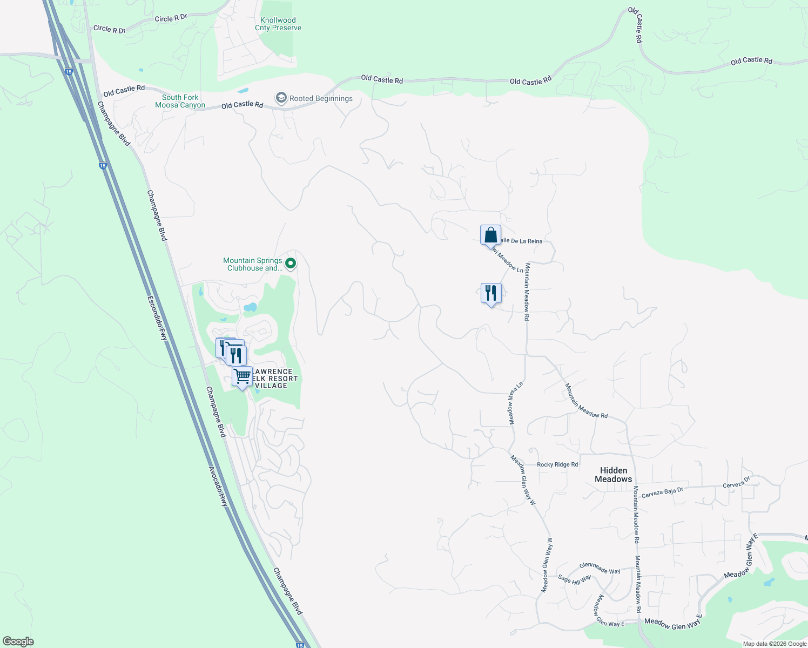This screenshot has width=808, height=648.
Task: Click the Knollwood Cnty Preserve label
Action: tap(278, 24)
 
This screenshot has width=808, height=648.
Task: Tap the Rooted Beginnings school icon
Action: tap(281, 98)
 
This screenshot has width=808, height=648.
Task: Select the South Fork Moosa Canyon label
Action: tap(180, 102)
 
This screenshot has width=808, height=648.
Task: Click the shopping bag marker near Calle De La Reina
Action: tap(490, 236)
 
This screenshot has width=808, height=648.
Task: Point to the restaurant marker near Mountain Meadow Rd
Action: tap(491, 294)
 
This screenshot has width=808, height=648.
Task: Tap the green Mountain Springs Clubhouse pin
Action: tap(291, 264)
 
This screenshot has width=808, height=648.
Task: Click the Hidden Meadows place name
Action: tap(614, 475)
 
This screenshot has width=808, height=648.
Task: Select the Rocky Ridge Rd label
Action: tap(557, 464)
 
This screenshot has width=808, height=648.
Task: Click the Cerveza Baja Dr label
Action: tap(662, 492)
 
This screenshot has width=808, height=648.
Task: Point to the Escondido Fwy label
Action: tap(158, 318)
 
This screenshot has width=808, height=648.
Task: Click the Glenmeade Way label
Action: tap(600, 568)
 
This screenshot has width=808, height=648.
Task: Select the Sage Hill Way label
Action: tap(574, 580)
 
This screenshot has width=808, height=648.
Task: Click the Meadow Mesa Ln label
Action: tap(515, 403)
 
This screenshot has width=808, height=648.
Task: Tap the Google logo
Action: tap(18, 642)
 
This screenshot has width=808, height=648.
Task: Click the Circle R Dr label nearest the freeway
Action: tap(109, 29)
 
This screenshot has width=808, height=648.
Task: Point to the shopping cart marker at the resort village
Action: tap(243, 376)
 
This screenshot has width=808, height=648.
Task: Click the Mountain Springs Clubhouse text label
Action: tap(253, 264)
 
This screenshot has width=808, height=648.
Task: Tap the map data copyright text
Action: tap(775, 644)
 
